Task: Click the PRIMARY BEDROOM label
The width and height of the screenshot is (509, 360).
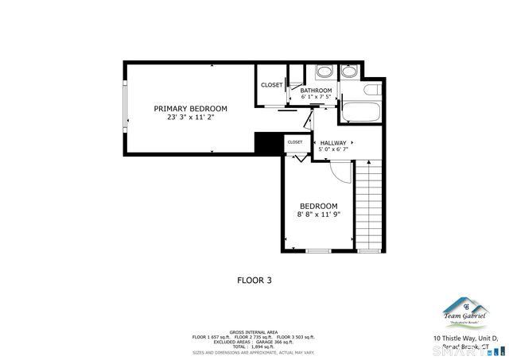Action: click(190, 108)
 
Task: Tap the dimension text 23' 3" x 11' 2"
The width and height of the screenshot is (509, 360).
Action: click(190, 117)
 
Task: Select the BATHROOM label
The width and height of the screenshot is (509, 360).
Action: click(316, 90)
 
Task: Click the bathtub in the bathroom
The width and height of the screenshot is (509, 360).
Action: click(361, 110)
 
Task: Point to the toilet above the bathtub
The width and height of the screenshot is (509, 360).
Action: click(350, 73)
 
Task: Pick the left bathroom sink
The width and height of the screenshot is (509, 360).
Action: click(324, 73)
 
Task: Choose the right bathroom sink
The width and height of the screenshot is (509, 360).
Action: click(350, 73)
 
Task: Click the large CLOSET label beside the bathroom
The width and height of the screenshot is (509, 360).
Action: click(272, 85)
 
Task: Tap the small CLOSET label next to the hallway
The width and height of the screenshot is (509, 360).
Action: click(295, 141)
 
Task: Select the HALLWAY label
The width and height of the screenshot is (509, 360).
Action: click(333, 143)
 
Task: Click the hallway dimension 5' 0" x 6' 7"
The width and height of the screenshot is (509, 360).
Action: click(333, 149)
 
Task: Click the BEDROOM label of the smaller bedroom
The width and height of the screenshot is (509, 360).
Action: click(318, 206)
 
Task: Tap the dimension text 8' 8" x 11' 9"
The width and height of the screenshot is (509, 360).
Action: click(318, 214)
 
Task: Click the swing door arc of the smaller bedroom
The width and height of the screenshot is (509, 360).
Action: click(338, 171)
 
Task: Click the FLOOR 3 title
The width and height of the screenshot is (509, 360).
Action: click(254, 279)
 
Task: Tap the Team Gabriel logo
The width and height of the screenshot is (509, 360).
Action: click(465, 312)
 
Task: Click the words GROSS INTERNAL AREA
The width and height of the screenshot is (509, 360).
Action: click(254, 331)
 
